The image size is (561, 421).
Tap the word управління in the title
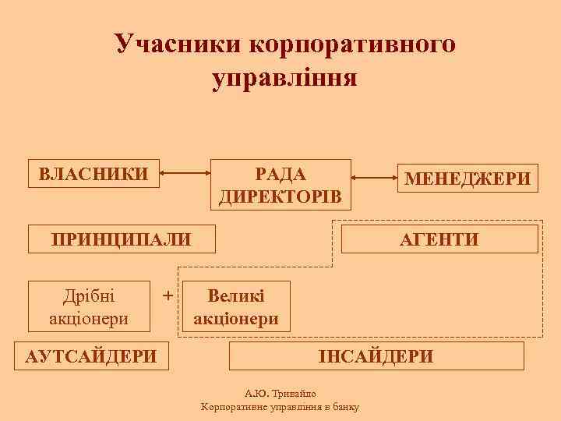(284, 78)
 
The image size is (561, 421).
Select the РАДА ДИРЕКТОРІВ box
(280, 185)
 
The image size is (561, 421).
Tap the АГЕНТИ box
(440, 238)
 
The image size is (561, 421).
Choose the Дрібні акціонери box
(89, 306)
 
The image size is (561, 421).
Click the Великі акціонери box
(236, 307)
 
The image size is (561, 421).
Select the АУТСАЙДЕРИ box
(91, 356)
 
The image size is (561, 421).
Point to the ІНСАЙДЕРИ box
(376, 356)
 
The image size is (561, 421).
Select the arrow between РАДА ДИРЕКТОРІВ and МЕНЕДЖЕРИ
(372, 172)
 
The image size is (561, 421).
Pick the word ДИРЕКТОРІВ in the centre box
(280, 195)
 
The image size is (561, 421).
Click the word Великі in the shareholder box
(236, 296)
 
